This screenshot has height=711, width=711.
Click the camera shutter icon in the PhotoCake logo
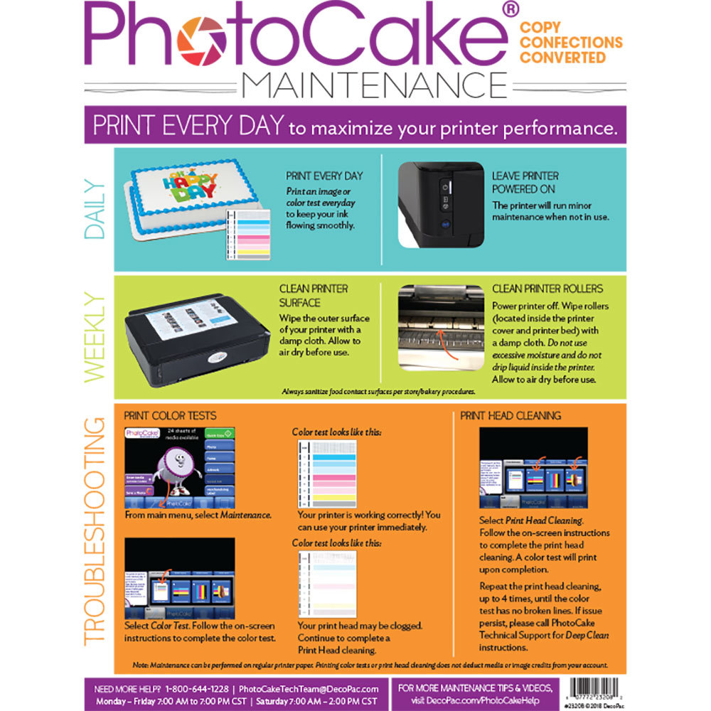pyautogui.click(x=203, y=40)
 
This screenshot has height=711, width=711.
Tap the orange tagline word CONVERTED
pyautogui.click(x=562, y=58)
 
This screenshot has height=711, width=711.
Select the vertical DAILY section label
pyautogui.click(x=95, y=210)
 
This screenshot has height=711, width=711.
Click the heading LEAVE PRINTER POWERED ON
pyautogui.click(x=525, y=182)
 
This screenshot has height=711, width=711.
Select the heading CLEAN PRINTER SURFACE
pyautogui.click(x=314, y=296)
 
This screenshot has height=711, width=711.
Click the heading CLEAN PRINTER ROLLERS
pyautogui.click(x=547, y=289)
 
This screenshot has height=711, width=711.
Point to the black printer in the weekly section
pyautogui.click(x=196, y=341)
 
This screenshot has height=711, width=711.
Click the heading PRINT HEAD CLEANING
pyautogui.click(x=510, y=415)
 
